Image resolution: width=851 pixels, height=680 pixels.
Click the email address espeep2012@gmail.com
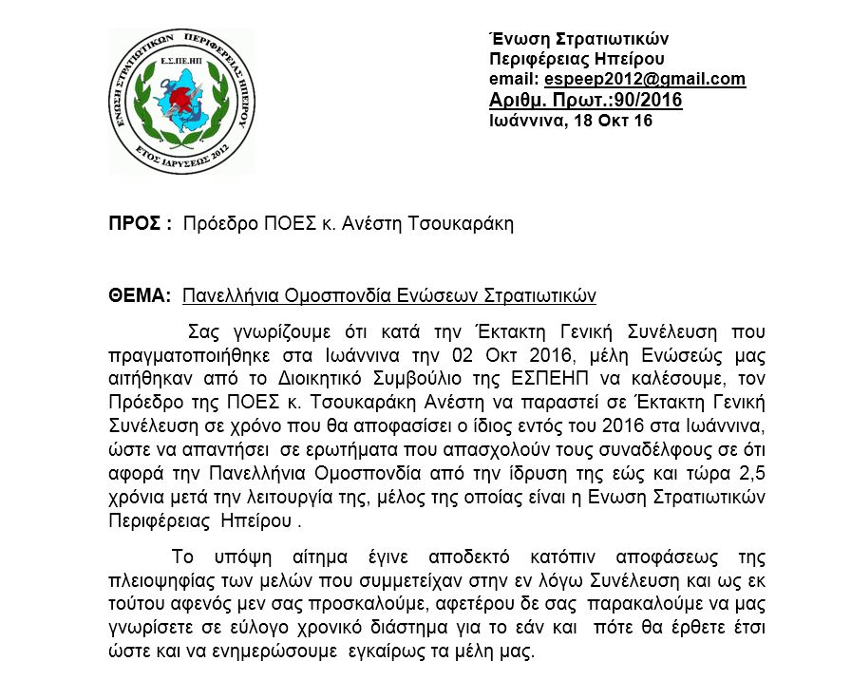pos(645,80)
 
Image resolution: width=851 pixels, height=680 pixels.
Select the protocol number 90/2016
pos(645,101)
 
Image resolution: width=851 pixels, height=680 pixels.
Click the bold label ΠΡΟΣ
pos(137,224)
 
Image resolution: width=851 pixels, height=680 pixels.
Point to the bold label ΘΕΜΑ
pos(139,295)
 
